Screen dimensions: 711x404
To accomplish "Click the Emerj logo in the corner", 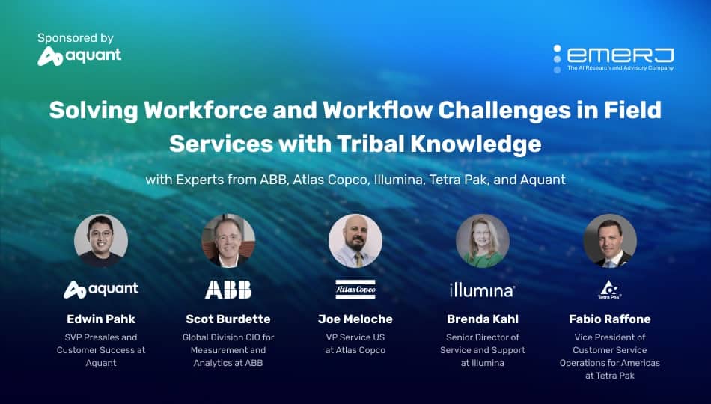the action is [613, 58].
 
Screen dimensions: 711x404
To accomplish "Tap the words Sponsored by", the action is [76, 38].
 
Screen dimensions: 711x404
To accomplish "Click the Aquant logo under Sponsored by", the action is [79, 56].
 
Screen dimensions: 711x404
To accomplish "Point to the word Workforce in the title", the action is [205, 110].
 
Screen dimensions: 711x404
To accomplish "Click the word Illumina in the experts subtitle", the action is [398, 180].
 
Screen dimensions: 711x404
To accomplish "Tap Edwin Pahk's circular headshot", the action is [101, 241].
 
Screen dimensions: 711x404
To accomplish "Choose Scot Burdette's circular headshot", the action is [228, 241].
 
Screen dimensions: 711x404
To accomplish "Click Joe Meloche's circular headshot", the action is [355, 241].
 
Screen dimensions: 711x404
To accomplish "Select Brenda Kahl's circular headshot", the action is [483, 241].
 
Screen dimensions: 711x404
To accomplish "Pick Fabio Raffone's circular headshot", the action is [610, 241].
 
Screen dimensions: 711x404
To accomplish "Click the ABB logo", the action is [228, 290].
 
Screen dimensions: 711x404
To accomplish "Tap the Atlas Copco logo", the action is [355, 290].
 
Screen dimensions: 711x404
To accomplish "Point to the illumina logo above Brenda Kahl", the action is [483, 290].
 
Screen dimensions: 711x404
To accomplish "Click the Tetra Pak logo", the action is [610, 290].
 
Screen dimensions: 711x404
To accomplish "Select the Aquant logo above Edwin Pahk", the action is [101, 290].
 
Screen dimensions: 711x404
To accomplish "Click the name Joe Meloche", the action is [355, 319].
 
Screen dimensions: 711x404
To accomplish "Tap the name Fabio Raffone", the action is [610, 319].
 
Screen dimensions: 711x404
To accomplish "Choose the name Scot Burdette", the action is [228, 319].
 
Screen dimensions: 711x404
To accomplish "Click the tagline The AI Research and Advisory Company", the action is [620, 68].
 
